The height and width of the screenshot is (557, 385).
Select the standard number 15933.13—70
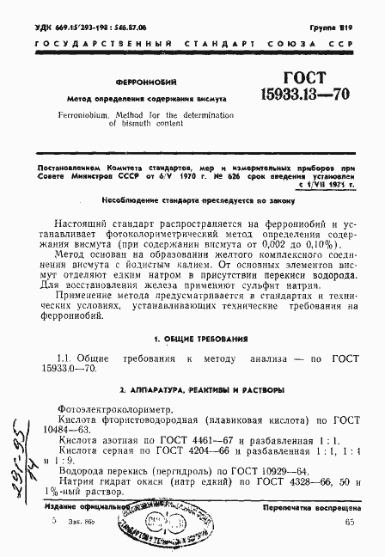[x=302, y=93]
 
